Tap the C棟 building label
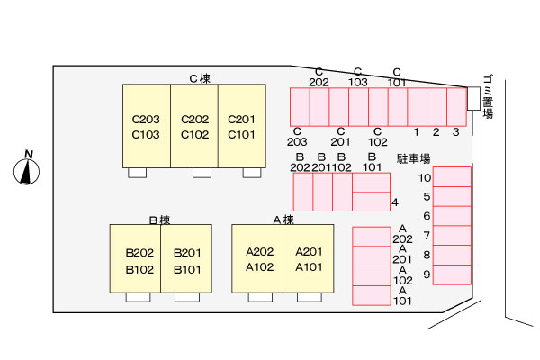199,78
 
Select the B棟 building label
159,219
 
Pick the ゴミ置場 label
487,96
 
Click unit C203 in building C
146,119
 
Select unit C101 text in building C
241,135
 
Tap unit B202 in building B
139,252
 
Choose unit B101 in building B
187,268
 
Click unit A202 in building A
259,252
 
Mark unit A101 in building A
309,268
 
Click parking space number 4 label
395,202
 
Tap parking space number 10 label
425,177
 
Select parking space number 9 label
427,274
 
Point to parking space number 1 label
417,132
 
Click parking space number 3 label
456,132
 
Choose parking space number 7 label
427,236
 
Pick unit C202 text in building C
195,119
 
